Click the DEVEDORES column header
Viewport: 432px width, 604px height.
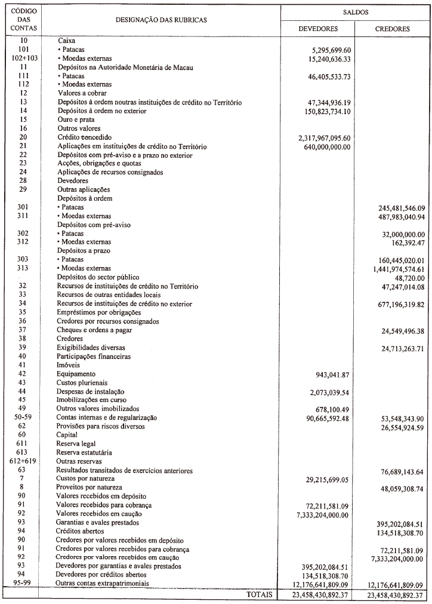click(x=318, y=28)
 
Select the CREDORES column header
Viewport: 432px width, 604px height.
click(x=392, y=28)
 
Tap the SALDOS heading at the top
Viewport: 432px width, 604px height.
click(x=356, y=11)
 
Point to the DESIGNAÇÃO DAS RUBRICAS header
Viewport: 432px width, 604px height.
click(x=161, y=20)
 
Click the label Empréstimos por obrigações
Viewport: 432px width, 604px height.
click(x=98, y=312)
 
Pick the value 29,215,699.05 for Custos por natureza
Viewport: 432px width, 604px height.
click(x=322, y=479)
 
